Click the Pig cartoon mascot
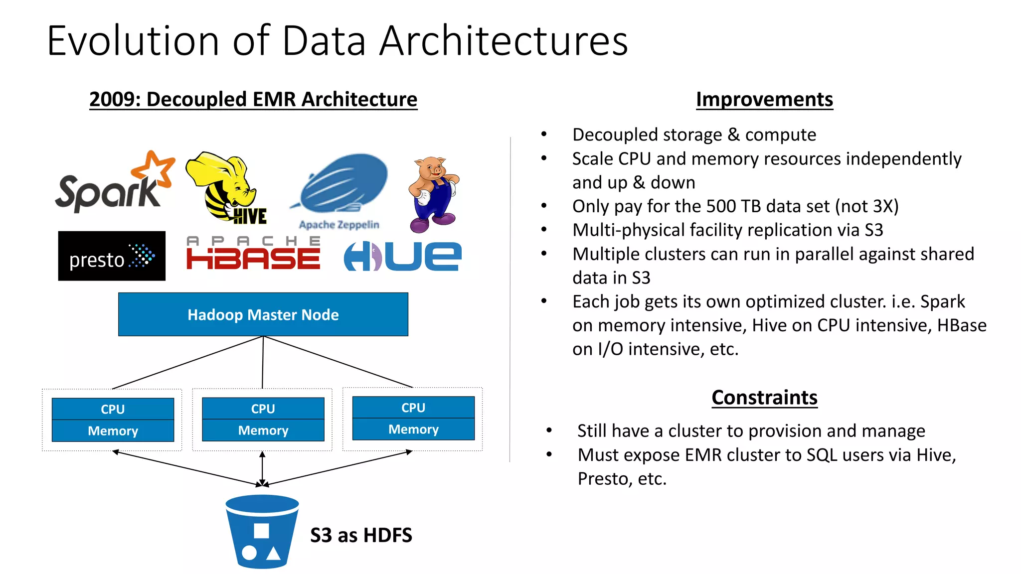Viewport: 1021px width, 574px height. [433, 194]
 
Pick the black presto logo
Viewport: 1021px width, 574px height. [112, 256]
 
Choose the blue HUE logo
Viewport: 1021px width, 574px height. [403, 257]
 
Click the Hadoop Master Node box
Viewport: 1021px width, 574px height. [263, 314]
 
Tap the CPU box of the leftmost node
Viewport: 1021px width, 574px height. [113, 409]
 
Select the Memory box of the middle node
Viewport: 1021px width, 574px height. [263, 430]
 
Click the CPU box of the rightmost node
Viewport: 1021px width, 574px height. [413, 408]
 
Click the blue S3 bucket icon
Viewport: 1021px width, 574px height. [262, 531]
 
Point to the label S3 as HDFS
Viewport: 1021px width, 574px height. [361, 536]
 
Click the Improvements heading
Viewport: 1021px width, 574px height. [764, 99]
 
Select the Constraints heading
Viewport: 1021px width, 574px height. [764, 398]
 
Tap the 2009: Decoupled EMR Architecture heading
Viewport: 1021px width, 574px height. [253, 99]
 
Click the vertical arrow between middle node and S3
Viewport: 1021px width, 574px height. [262, 468]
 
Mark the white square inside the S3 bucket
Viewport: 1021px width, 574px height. [261, 531]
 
